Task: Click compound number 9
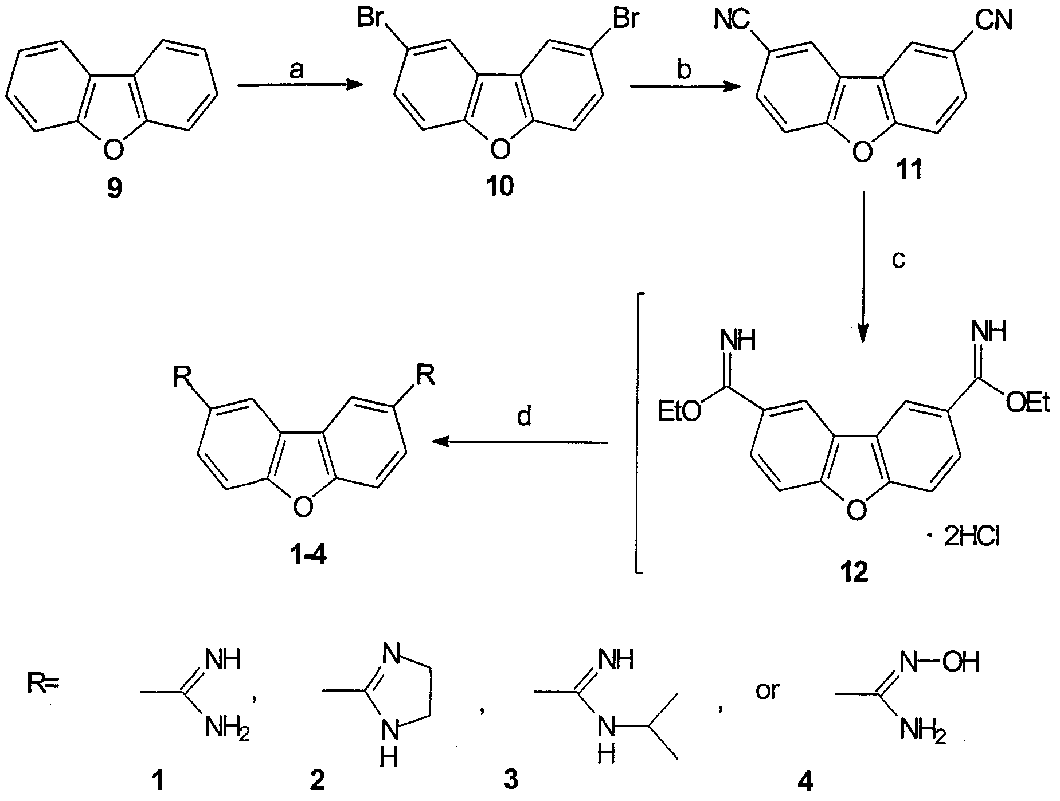coord(114,187)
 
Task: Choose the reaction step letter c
coord(899,259)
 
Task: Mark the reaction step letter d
coord(523,417)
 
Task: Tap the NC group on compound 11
coord(732,21)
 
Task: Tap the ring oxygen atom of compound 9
coord(114,150)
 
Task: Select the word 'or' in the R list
coord(767,690)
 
